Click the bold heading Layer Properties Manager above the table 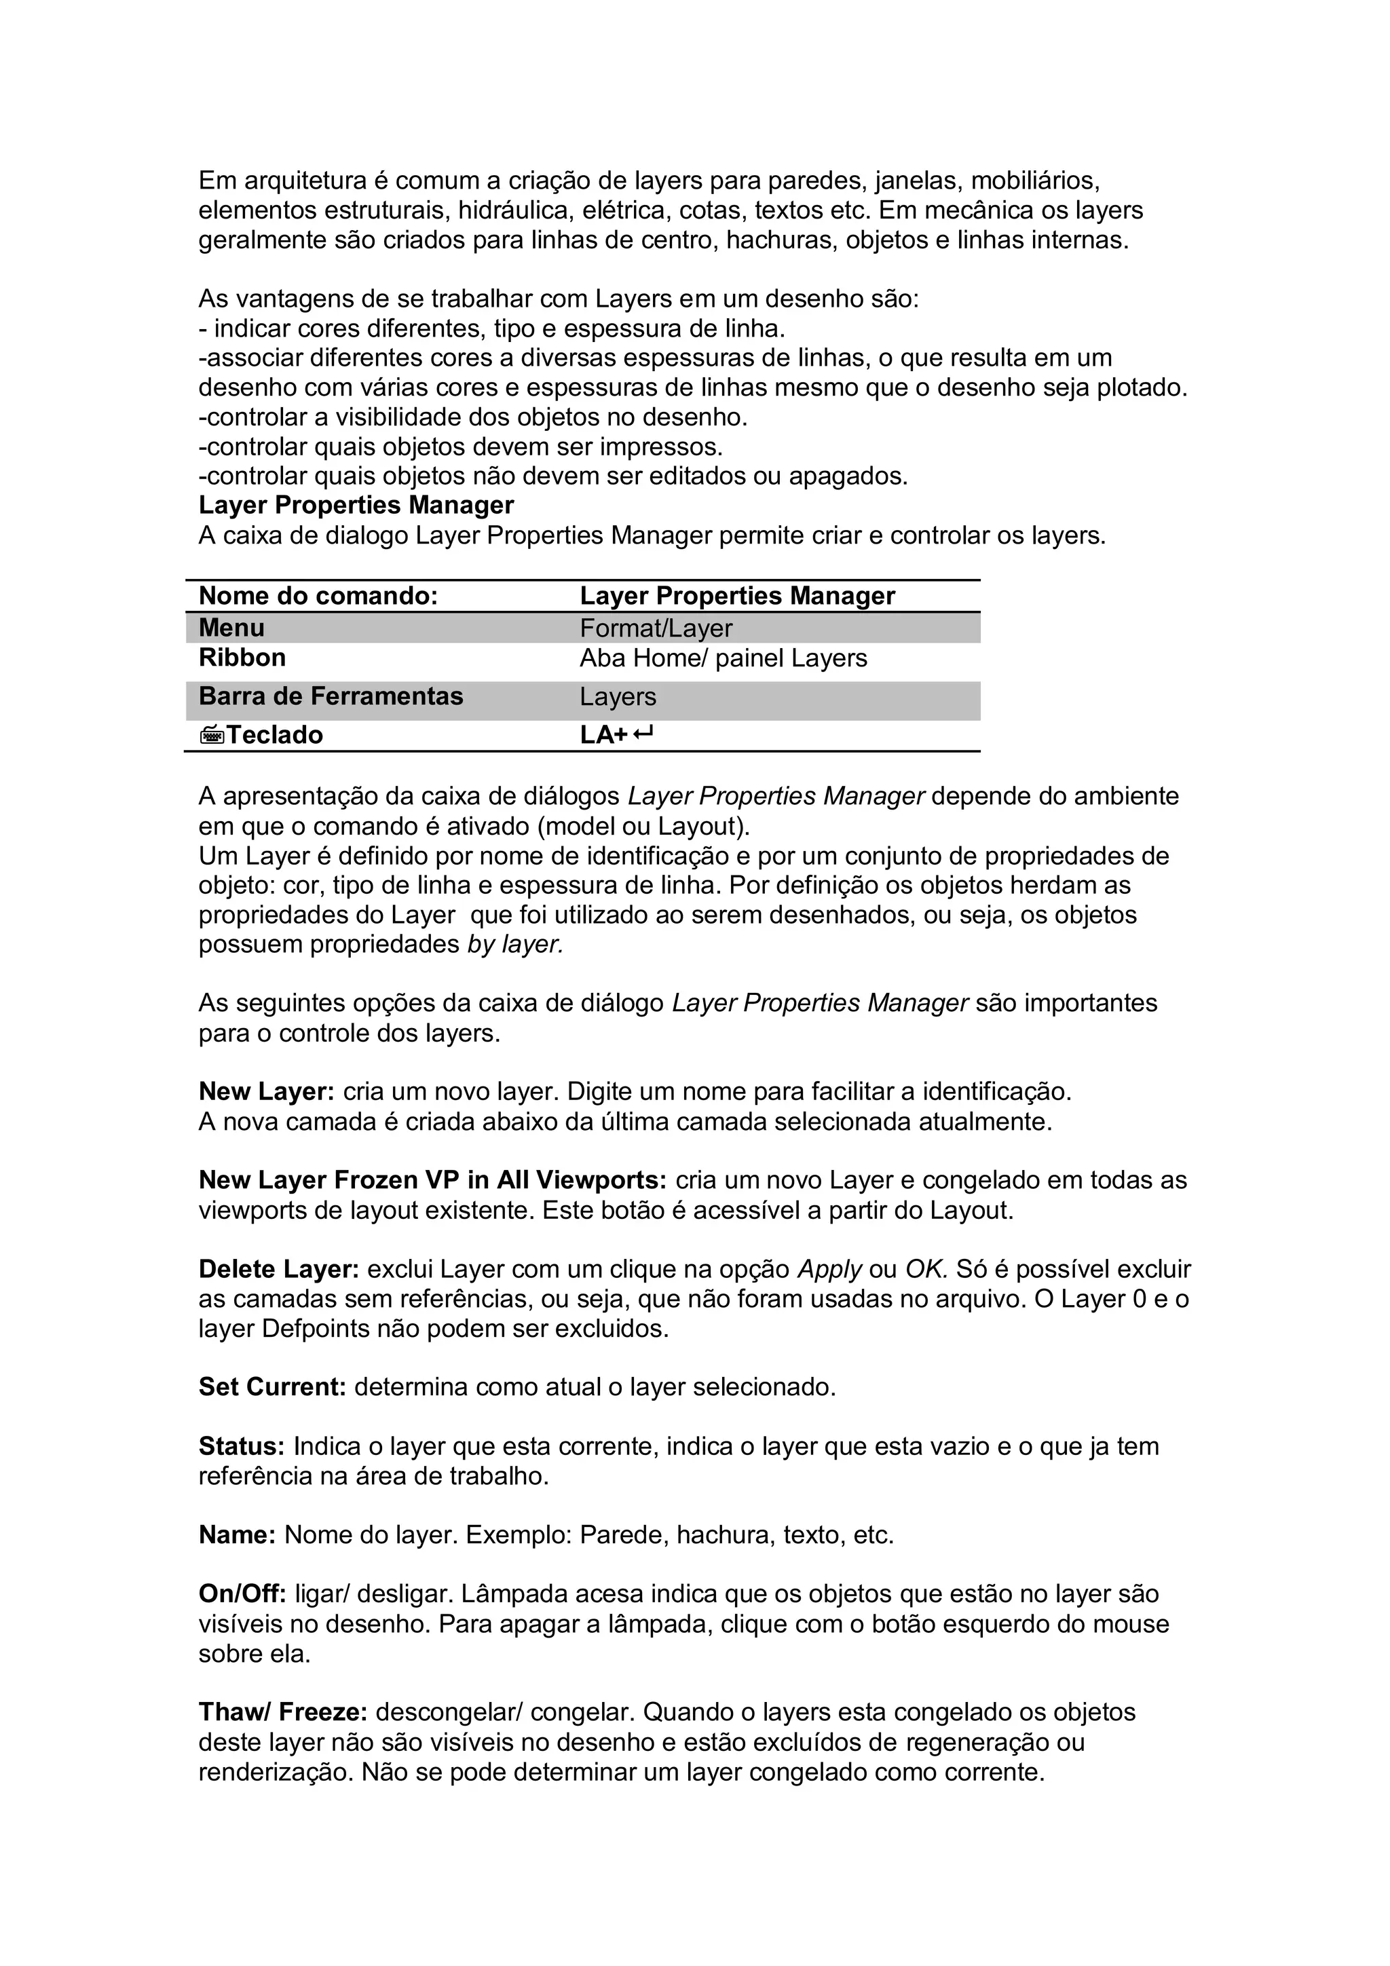pos(356,505)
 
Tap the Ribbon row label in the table pos(242,658)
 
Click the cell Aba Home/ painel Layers pos(723,658)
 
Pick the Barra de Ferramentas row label pos(331,696)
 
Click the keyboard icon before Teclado pos(212,735)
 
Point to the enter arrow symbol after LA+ pos(644,734)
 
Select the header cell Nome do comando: pos(318,596)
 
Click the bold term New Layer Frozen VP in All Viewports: pos(432,1180)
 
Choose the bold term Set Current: pos(272,1387)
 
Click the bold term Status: pos(242,1446)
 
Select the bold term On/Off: pos(242,1593)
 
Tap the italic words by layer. pos(514,945)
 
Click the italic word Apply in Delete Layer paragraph pos(828,1269)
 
